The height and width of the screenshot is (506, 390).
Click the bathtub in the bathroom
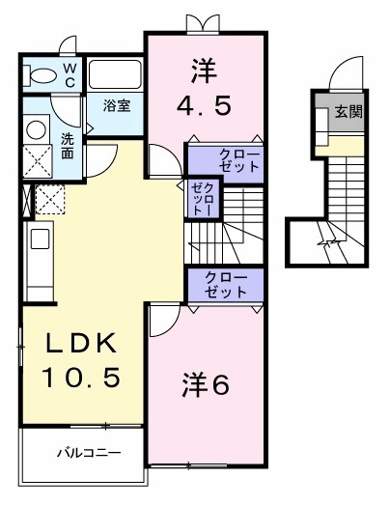(115, 76)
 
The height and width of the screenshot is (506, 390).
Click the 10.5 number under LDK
(79, 377)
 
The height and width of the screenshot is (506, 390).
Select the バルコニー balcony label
(88, 452)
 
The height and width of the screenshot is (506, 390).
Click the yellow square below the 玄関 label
(349, 144)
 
